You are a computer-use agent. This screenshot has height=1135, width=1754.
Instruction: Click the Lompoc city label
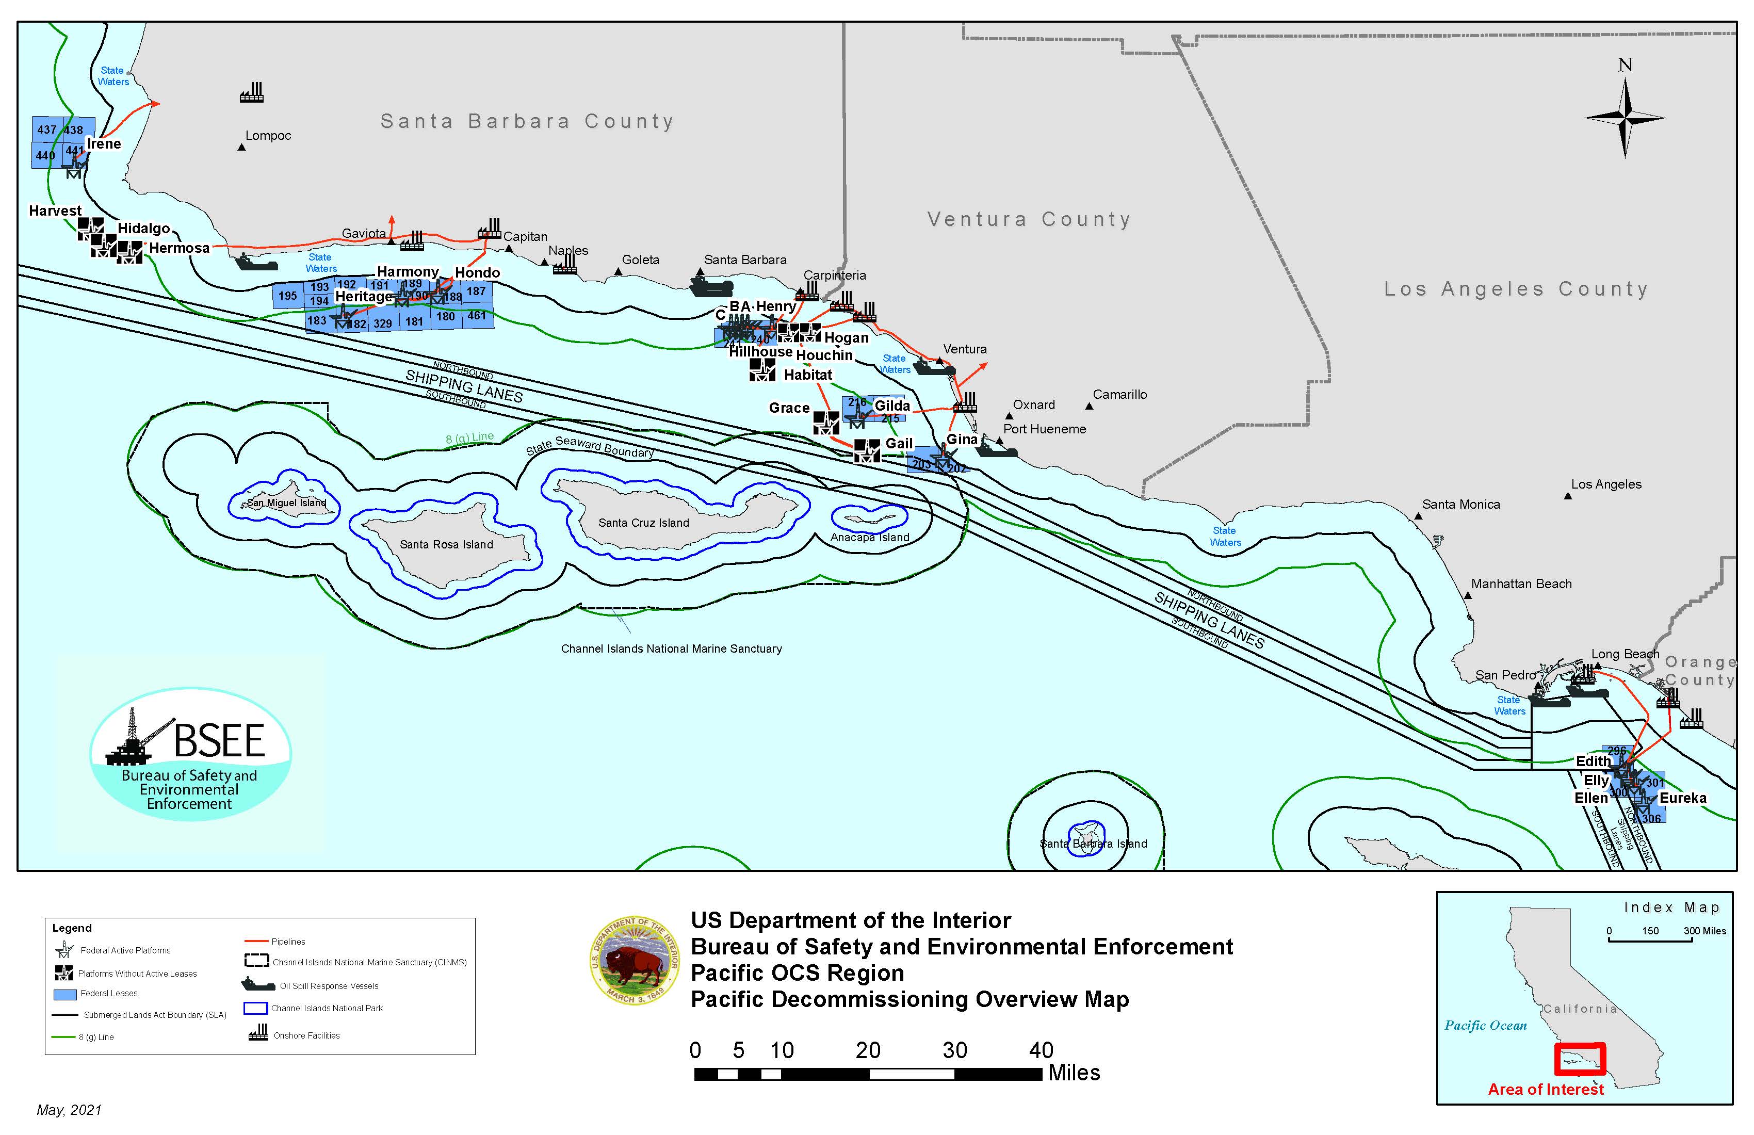pyautogui.click(x=268, y=136)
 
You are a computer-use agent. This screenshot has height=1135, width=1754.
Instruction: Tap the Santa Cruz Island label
pyautogui.click(x=643, y=523)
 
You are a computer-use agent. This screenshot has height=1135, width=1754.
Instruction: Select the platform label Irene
pyautogui.click(x=103, y=144)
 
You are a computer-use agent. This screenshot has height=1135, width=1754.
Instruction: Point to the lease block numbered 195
pyautogui.click(x=287, y=296)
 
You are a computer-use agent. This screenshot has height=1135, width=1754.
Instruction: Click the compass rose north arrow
pyautogui.click(x=1625, y=118)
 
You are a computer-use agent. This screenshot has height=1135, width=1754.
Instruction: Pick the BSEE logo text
pyautogui.click(x=219, y=741)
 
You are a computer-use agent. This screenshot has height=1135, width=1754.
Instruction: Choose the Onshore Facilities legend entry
pyautogui.click(x=306, y=1035)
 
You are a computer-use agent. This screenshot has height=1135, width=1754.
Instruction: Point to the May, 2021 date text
pyautogui.click(x=69, y=1110)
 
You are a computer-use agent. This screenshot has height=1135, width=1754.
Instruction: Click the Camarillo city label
pyautogui.click(x=1119, y=394)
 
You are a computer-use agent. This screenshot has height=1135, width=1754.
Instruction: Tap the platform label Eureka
pyautogui.click(x=1682, y=798)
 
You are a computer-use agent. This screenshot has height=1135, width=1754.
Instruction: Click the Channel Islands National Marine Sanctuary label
pyautogui.click(x=671, y=648)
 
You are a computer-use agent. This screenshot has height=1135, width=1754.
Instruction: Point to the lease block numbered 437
pyautogui.click(x=47, y=129)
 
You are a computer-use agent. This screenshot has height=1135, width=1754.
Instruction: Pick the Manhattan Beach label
pyautogui.click(x=1521, y=583)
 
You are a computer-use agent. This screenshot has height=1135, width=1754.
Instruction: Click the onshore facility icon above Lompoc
pyautogui.click(x=251, y=93)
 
